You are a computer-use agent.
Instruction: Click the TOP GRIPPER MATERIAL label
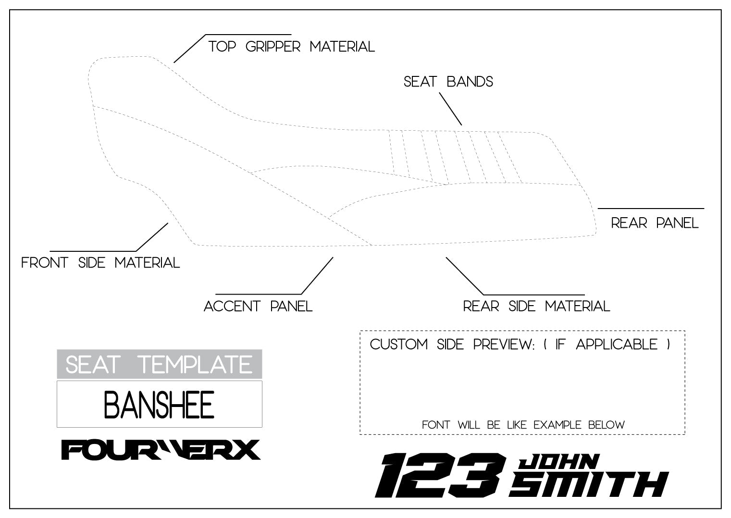(x=291, y=47)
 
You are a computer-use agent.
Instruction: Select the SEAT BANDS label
(x=448, y=82)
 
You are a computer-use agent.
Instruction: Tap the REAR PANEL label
(x=655, y=223)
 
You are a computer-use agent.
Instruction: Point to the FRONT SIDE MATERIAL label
(x=100, y=263)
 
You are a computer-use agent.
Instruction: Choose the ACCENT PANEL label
(x=258, y=306)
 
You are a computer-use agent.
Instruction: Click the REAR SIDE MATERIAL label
(x=536, y=306)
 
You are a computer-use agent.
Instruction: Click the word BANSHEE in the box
(x=159, y=405)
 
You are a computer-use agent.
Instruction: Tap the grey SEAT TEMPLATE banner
(x=159, y=364)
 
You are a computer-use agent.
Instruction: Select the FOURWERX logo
(x=161, y=450)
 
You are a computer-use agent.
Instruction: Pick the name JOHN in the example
(x=558, y=463)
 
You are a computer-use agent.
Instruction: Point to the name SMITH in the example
(x=589, y=484)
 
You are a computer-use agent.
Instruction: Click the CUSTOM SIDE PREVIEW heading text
(x=452, y=345)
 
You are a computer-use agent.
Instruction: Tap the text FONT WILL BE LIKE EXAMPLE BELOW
(x=523, y=425)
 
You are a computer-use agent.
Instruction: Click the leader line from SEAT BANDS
(x=450, y=108)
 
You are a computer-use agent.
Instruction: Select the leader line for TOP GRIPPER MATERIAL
(x=190, y=49)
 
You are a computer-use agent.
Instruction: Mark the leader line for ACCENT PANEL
(x=317, y=275)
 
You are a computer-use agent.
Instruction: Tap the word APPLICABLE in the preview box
(x=617, y=345)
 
